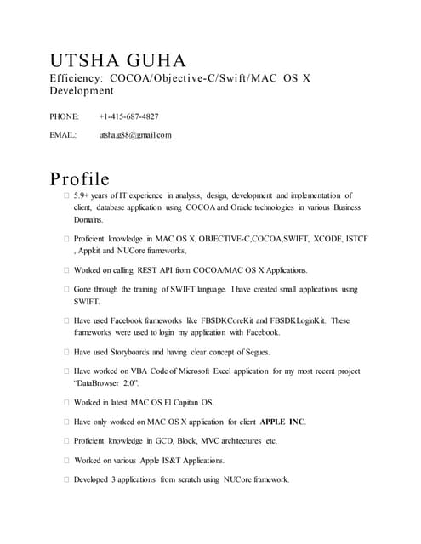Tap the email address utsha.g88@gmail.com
[134, 135]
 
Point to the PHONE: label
[65, 116]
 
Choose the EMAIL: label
[64, 135]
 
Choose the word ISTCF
[356, 239]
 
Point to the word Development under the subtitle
[80, 92]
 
